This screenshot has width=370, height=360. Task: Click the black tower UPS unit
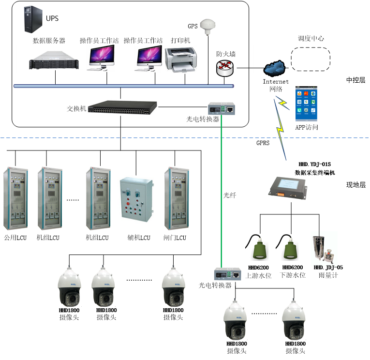point(33,20)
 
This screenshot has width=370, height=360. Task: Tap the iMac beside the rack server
point(101,58)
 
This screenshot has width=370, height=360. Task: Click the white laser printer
point(180,60)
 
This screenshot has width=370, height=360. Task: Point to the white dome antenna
point(208,27)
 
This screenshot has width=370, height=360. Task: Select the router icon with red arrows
point(224,68)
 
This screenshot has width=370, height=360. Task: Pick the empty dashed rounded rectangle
point(315,64)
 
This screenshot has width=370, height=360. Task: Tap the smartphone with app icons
point(306,104)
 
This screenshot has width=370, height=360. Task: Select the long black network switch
point(122,107)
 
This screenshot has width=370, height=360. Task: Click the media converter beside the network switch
point(222,109)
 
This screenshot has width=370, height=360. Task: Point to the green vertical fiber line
point(222,194)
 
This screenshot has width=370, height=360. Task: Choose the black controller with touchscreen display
point(287,188)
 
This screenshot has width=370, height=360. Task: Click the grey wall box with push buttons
point(136,199)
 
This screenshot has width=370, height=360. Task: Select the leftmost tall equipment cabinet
point(15,198)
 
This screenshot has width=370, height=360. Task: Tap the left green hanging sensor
point(257,247)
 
